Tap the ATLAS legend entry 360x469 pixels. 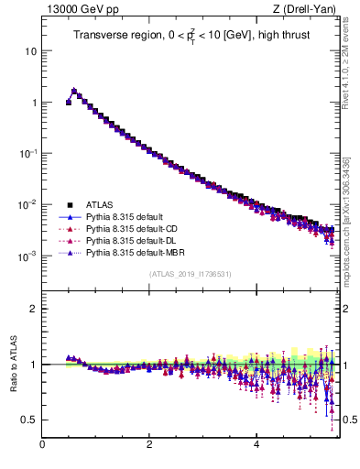point(102,204)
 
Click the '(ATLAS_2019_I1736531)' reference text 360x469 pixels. point(190,274)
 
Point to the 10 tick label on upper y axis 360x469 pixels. point(30,51)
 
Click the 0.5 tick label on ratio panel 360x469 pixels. point(28,420)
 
